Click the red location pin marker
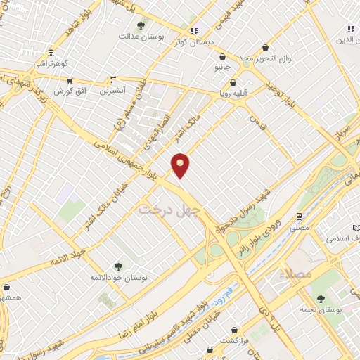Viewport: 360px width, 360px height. [x=181, y=165]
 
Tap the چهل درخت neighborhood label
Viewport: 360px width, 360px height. [x=169, y=209]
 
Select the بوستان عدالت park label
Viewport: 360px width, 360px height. [x=141, y=35]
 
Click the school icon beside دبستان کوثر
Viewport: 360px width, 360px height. [x=194, y=31]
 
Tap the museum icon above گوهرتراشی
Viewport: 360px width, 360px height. [x=51, y=54]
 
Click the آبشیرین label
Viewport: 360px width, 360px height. [x=112, y=91]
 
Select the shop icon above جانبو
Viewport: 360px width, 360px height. [x=223, y=57]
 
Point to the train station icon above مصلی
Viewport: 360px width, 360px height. [x=300, y=217]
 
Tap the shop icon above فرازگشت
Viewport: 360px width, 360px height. [x=234, y=329]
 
